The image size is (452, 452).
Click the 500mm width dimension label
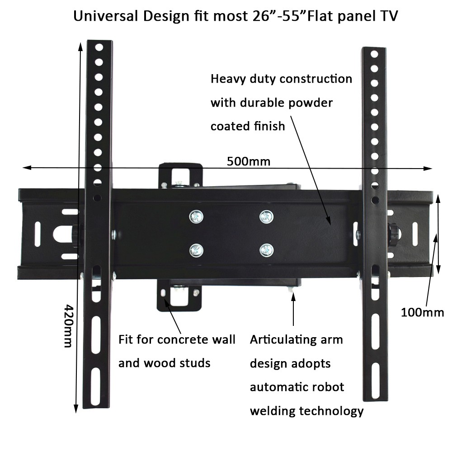(249, 161)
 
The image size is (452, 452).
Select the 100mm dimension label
(422, 312)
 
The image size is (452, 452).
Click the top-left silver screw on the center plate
(196, 217)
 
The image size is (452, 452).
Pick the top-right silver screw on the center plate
(266, 217)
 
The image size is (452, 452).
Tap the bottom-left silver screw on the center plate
(196, 249)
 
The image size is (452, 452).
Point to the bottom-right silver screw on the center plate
(266, 249)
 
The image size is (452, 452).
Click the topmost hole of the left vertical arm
(99, 47)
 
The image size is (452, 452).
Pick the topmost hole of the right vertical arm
(374, 54)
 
